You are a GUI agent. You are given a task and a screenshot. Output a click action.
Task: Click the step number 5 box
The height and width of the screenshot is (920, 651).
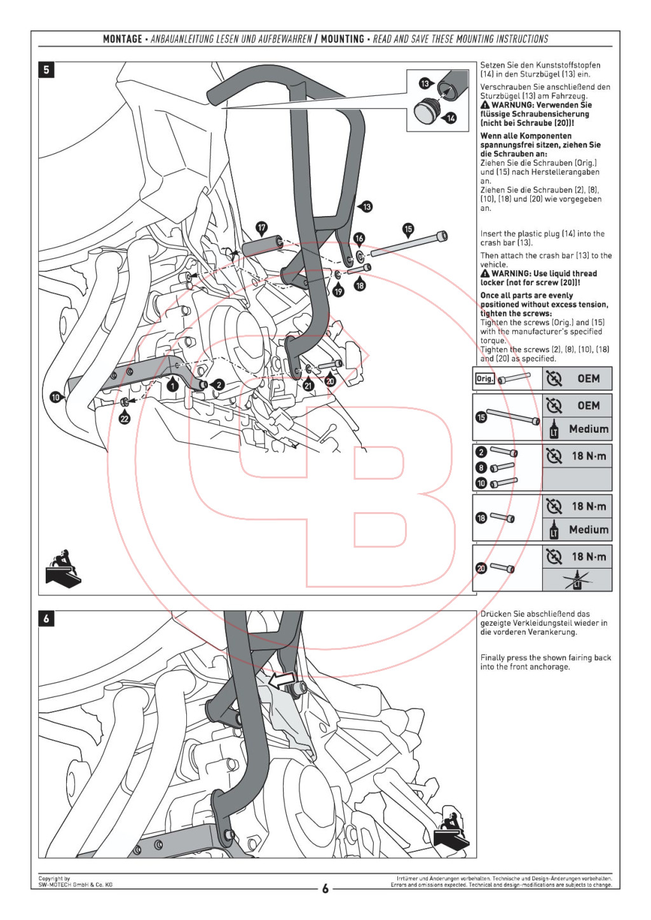[46, 69]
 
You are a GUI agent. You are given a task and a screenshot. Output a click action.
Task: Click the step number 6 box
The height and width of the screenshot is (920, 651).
[46, 618]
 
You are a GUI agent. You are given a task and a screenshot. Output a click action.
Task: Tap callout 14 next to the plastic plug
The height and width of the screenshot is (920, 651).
[451, 118]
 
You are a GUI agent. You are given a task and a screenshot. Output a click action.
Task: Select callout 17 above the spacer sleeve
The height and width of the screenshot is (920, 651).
[261, 227]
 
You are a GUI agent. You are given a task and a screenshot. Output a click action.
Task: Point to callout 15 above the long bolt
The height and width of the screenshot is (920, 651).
[408, 229]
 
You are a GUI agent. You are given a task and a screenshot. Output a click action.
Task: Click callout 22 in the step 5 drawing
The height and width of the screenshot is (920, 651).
[125, 418]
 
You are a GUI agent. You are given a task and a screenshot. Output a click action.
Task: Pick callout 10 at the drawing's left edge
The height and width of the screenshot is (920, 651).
[55, 397]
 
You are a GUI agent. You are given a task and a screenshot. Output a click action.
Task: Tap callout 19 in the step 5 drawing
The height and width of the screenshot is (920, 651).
[338, 291]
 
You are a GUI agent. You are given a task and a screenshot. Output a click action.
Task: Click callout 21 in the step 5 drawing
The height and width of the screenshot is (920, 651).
[308, 385]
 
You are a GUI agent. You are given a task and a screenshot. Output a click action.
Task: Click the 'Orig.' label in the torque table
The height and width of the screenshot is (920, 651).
[484, 379]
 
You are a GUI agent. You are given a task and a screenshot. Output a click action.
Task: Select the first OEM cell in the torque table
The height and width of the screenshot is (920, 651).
[588, 379]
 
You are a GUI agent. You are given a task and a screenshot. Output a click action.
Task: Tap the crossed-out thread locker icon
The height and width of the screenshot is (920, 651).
[577, 579]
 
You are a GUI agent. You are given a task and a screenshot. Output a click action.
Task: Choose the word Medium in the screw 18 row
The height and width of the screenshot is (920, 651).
[588, 529]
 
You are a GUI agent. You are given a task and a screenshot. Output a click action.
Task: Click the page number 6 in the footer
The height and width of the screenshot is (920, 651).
[325, 888]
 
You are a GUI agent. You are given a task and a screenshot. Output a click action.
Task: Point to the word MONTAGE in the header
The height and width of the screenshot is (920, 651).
[123, 39]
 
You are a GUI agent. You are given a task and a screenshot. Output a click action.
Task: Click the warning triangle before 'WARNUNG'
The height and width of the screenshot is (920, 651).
[485, 105]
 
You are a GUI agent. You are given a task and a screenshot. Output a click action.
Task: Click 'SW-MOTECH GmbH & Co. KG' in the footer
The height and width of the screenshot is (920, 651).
[75, 884]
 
